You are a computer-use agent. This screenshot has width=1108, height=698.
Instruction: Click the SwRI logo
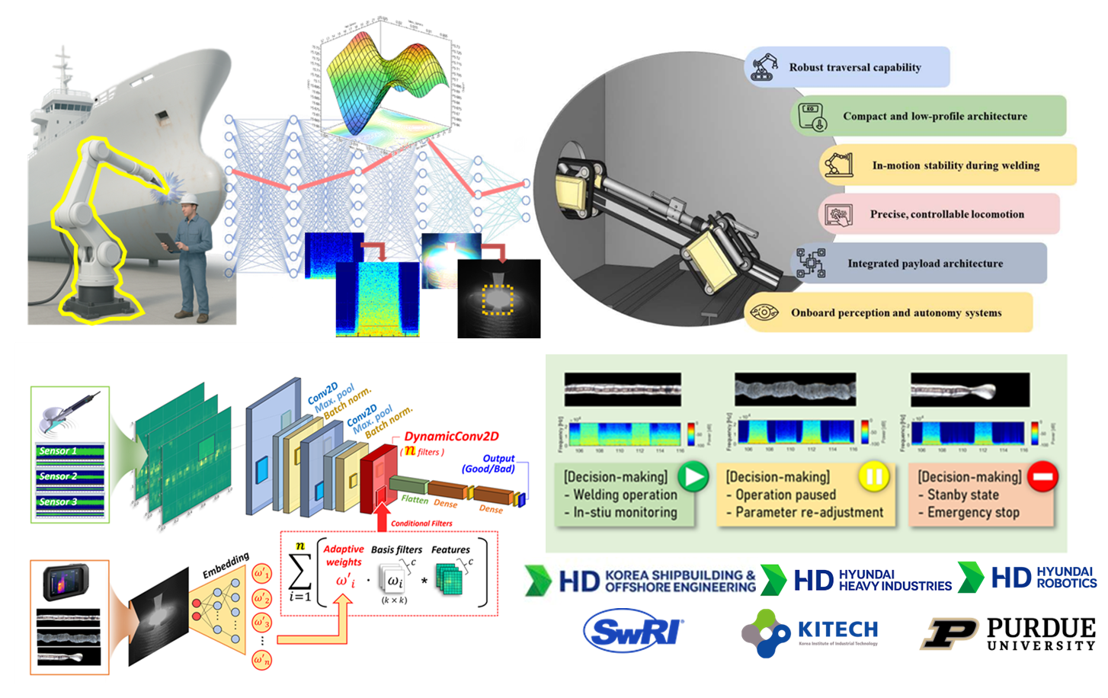click(x=634, y=631)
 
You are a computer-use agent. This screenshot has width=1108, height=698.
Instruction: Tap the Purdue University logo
click(x=1008, y=634)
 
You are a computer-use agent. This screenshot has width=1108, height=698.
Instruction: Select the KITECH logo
click(x=810, y=632)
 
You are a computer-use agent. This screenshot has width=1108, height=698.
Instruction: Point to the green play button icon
click(x=693, y=477)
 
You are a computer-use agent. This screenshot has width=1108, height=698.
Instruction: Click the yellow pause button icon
click(x=874, y=477)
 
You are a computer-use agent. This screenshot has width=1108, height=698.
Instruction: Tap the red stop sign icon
click(x=1042, y=477)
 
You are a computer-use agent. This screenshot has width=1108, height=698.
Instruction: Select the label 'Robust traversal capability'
click(x=854, y=67)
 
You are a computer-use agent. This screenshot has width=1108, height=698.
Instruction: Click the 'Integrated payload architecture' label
click(x=925, y=264)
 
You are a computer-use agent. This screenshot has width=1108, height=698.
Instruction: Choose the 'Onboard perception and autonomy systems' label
click(x=896, y=312)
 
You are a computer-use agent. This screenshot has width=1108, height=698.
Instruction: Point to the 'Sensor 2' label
click(x=59, y=476)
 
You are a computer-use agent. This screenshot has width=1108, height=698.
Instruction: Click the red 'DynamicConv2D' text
click(x=451, y=437)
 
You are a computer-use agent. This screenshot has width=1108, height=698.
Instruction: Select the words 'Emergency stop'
click(x=973, y=512)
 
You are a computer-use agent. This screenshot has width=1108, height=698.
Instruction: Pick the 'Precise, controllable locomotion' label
click(x=946, y=214)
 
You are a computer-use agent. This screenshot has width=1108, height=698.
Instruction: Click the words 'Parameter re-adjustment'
click(x=809, y=512)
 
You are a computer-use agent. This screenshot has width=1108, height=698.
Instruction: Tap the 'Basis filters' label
click(x=396, y=549)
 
